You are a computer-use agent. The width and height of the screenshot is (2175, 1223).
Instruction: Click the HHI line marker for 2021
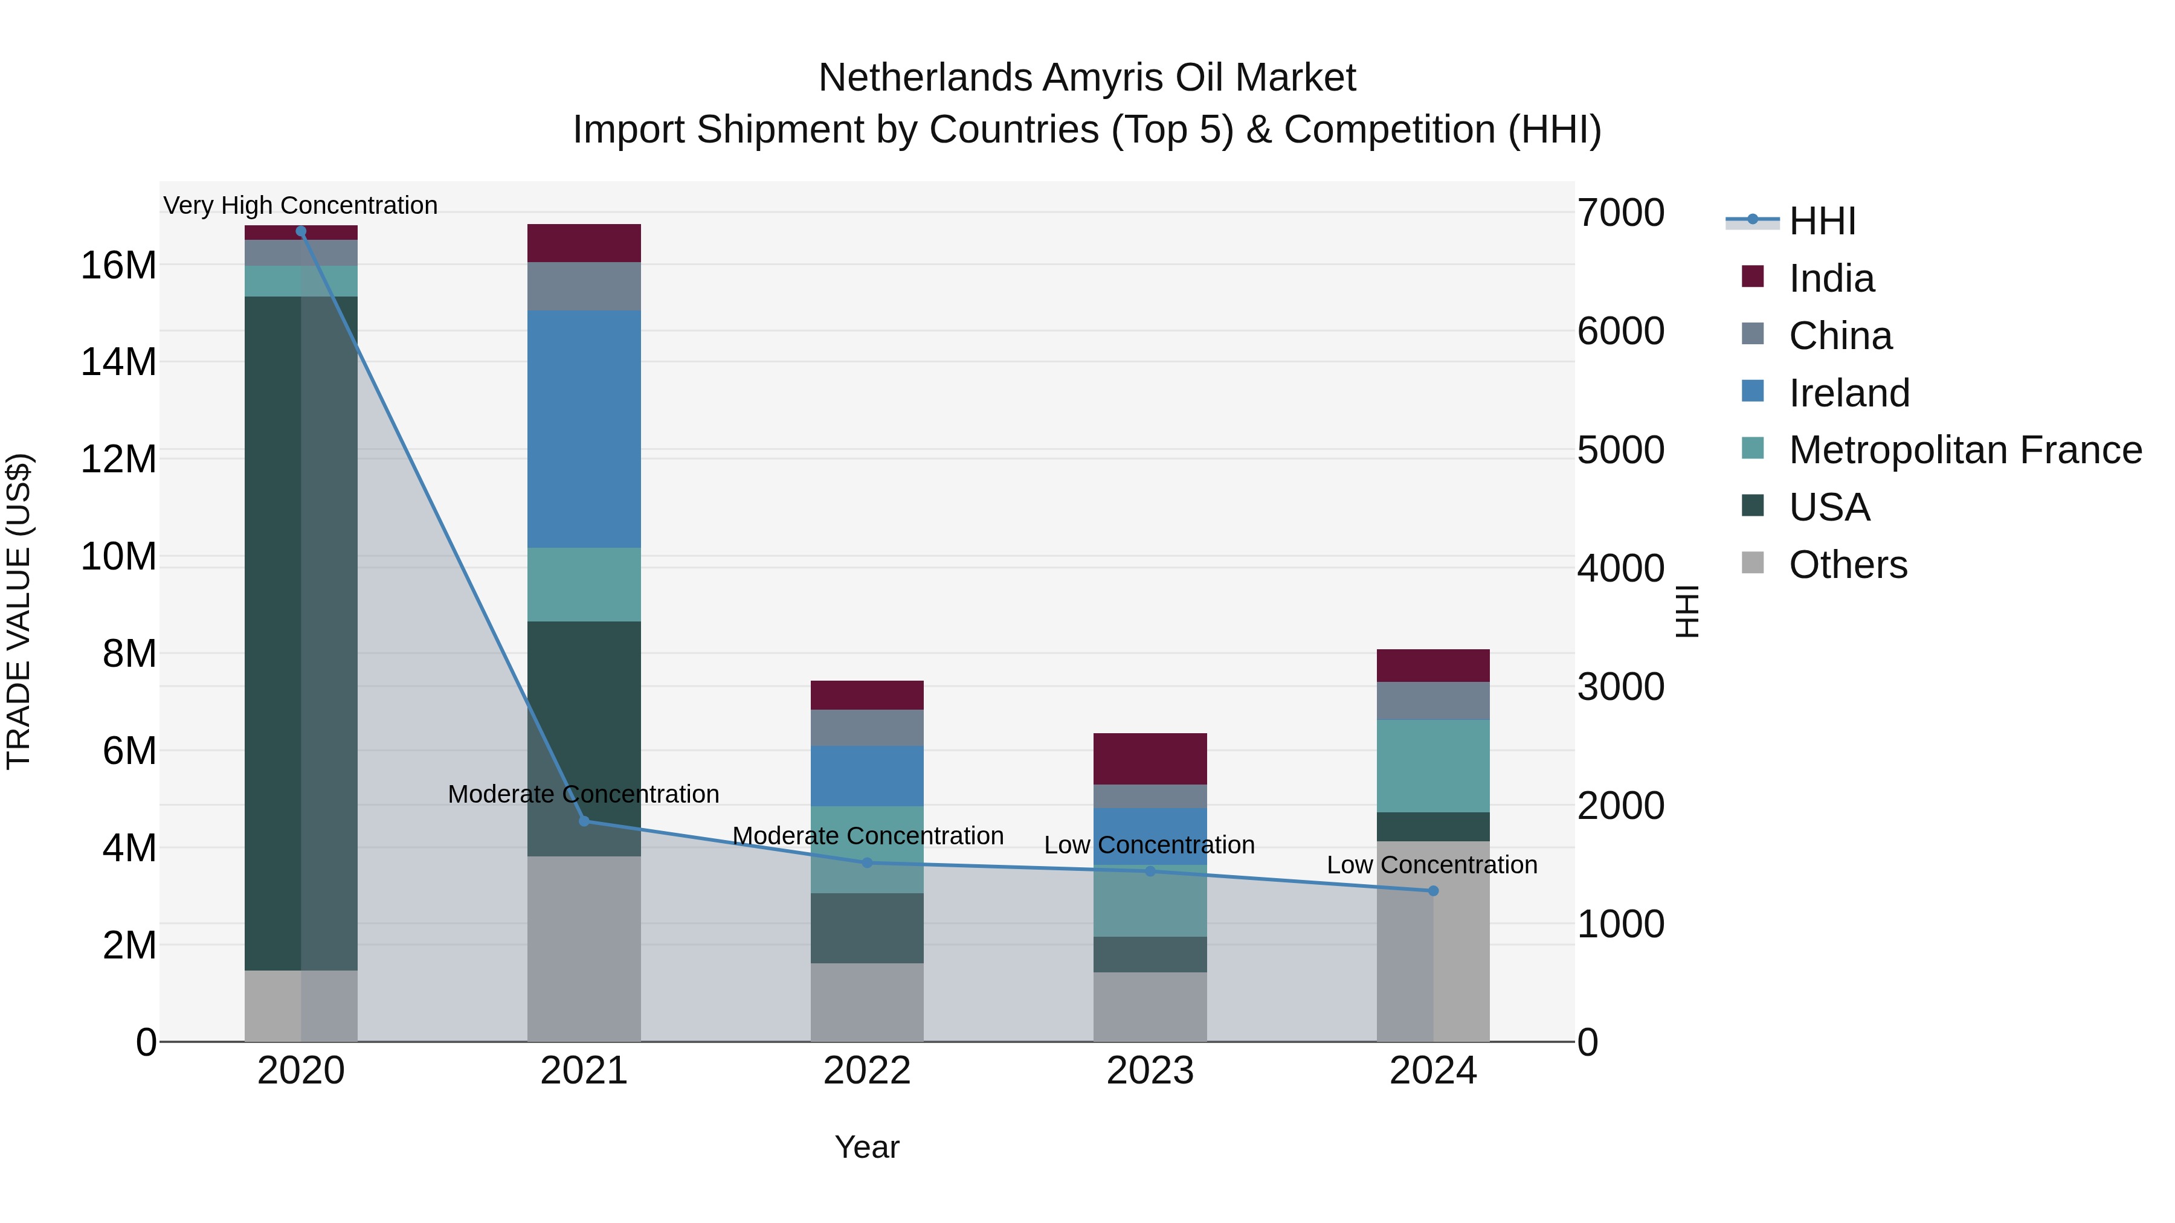[584, 820]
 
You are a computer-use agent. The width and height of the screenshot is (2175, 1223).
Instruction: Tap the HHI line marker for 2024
[1433, 890]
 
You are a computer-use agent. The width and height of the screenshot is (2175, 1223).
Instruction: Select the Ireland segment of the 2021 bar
[584, 429]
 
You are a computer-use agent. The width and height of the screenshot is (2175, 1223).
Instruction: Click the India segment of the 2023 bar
[1150, 759]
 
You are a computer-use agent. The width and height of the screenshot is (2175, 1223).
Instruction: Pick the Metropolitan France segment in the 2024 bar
[1433, 766]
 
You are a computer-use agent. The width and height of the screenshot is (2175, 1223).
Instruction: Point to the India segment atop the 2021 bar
[584, 243]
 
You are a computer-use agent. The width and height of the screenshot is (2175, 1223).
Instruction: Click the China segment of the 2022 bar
[867, 728]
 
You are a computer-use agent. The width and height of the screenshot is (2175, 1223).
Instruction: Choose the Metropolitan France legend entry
[1965, 450]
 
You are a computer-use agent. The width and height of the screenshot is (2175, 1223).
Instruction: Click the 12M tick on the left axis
[118, 459]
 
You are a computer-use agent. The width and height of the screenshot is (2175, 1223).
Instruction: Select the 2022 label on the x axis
[867, 1071]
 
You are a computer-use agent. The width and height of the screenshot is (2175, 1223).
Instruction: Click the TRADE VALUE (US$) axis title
[19, 611]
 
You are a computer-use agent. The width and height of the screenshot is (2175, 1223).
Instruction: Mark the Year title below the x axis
[867, 1147]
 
